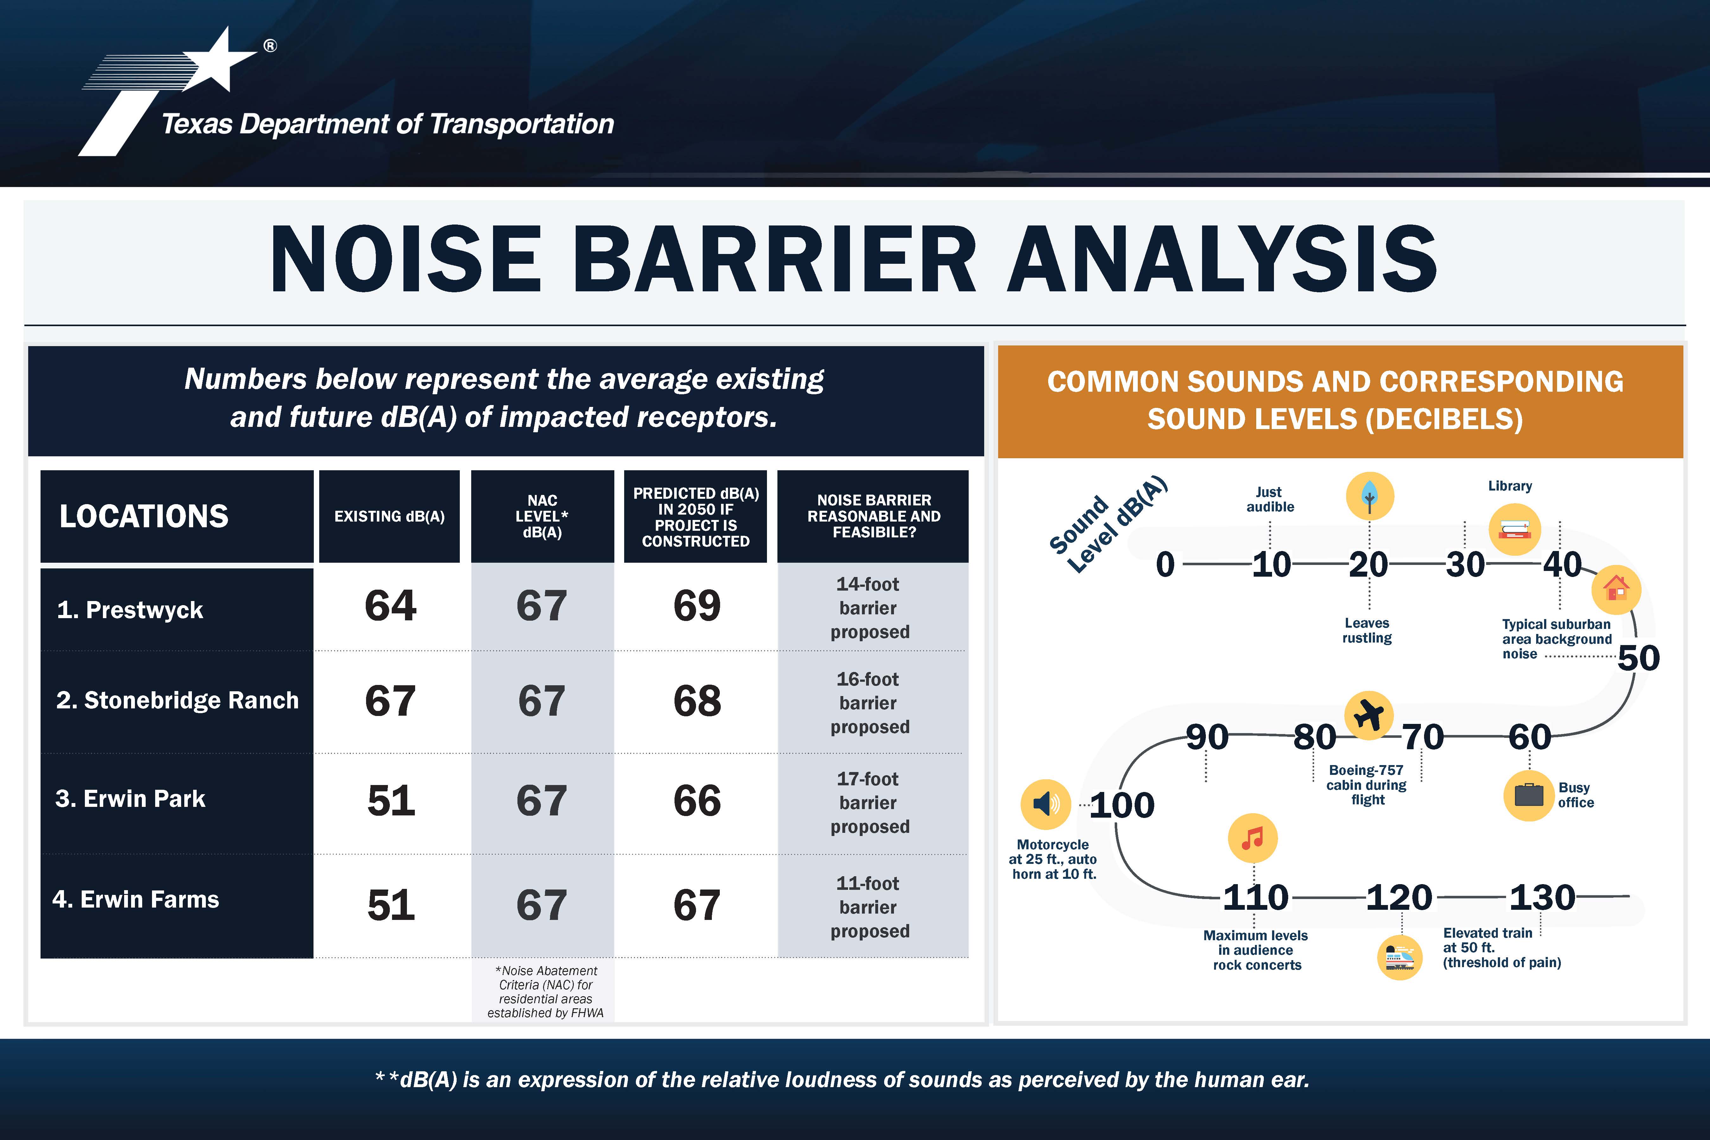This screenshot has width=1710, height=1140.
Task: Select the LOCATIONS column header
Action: pos(144,516)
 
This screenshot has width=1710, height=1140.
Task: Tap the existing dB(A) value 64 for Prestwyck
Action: pos(390,605)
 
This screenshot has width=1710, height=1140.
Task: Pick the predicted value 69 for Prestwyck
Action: pos(696,605)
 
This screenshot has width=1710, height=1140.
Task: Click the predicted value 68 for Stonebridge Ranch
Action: pos(696,701)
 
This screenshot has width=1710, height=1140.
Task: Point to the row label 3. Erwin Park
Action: pos(130,798)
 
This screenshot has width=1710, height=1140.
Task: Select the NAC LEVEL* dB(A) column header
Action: pos(542,516)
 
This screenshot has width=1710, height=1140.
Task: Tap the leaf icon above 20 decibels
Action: pos(1370,496)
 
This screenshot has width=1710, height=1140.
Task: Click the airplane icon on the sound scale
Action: pos(1369,715)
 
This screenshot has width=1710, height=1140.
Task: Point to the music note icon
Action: pos(1253,838)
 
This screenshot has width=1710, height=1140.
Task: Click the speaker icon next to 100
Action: pos(1046,804)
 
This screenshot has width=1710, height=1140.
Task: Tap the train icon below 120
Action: pos(1400,958)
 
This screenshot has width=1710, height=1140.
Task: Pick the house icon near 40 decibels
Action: pos(1616,589)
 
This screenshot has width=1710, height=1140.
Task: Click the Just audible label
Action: pos(1270,499)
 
